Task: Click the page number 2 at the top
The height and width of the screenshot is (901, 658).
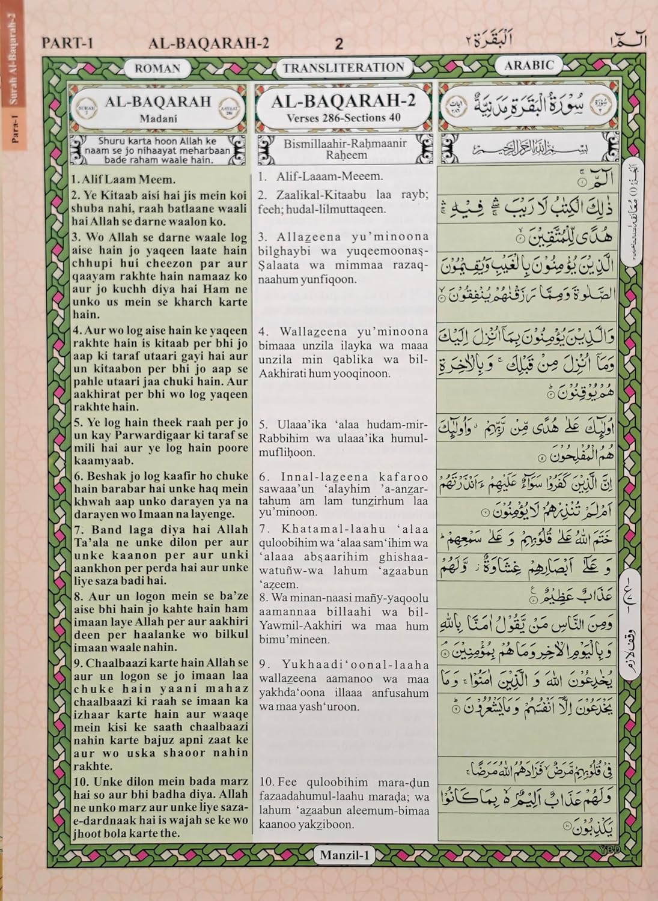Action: pos(339,43)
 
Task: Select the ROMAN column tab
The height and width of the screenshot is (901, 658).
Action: pos(157,68)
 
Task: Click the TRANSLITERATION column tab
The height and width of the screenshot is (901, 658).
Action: pos(344,68)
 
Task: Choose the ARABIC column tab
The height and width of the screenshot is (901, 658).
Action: pos(529,65)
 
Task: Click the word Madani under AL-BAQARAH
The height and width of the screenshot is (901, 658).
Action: pos(158,119)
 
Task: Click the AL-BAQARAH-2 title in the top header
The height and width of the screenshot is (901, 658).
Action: pos(208,43)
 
